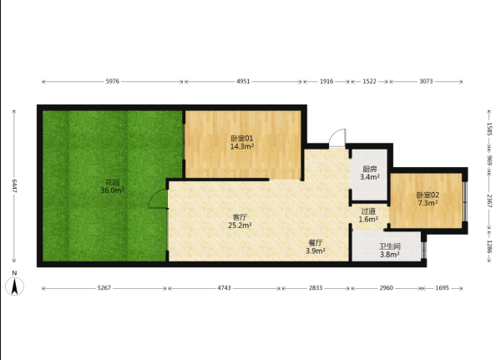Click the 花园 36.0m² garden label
point(113,187)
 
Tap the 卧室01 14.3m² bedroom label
point(242,143)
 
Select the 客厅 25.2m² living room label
point(240,221)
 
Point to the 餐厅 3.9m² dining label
point(316,246)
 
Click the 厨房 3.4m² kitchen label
point(370,173)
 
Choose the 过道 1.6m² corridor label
point(368,215)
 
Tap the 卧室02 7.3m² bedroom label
point(428,199)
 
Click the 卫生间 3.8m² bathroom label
point(389,251)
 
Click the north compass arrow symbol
point(14,286)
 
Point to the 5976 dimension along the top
point(113,81)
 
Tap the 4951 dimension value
point(243,81)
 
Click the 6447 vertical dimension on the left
point(14,186)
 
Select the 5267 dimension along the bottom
point(104,287)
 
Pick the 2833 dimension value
point(316,287)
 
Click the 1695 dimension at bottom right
point(443,287)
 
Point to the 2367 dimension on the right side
point(489,200)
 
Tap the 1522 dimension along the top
point(369,81)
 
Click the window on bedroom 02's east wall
point(465,201)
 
